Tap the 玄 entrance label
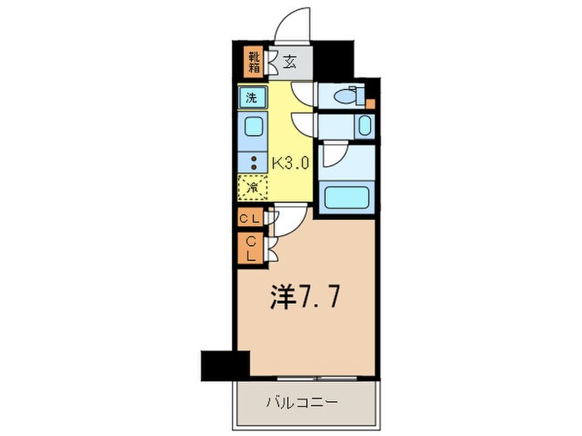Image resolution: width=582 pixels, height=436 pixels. (289, 61)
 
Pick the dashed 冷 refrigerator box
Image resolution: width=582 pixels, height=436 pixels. (253, 188)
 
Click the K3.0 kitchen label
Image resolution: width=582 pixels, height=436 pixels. (290, 162)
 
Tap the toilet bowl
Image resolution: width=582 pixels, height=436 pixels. (348, 98)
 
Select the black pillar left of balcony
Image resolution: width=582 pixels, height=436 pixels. (225, 363)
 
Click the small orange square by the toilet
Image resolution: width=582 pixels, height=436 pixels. (370, 105)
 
